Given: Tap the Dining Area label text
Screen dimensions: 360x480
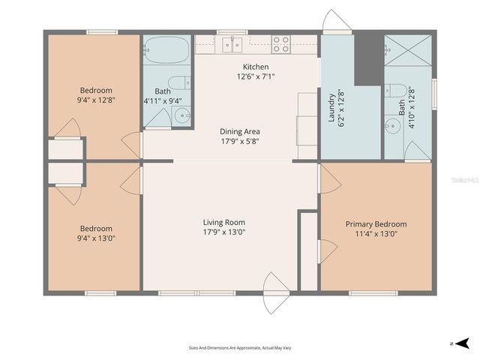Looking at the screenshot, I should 240,131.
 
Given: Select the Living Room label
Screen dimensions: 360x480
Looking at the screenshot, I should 223,222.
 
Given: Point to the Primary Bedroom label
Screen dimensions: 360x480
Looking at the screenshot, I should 376,223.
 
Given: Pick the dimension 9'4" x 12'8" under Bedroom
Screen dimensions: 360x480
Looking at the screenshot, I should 94,99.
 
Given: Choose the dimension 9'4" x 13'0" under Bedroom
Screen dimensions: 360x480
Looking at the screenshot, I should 96,238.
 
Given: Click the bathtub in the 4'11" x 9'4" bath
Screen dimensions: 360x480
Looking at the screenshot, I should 166,51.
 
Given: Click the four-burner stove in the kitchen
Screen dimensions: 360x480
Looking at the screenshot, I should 280,44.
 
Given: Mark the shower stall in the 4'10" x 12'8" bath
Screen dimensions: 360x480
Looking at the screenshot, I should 409,50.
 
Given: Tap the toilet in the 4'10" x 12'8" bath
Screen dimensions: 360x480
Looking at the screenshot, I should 397,91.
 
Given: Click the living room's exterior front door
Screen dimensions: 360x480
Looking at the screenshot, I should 276,292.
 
